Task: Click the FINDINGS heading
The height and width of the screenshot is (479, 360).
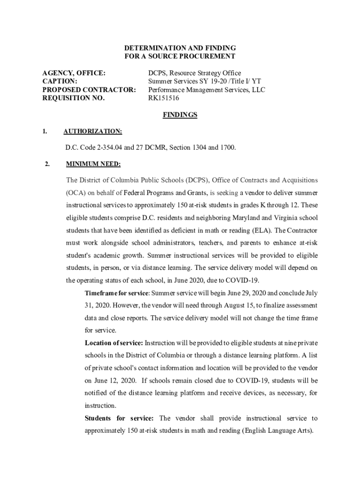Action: coord(180,115)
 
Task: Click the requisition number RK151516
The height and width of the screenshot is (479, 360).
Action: coord(164,98)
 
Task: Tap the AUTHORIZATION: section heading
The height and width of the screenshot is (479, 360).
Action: coord(93,131)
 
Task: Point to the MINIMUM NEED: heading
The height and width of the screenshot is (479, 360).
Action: coord(93,164)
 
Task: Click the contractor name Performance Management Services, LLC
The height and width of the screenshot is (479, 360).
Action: coord(206,90)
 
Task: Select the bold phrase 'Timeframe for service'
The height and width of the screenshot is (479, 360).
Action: coord(116,293)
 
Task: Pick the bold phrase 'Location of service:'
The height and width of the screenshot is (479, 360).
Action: coord(114,343)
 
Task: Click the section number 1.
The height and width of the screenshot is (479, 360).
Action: coord(44,131)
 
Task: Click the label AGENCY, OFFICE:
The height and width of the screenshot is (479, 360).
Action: coord(74,73)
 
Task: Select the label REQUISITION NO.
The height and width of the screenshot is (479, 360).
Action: coord(73,98)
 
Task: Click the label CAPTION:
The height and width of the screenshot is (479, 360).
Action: coord(60,81)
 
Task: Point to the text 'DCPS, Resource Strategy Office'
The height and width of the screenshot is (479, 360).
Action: coord(194,73)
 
